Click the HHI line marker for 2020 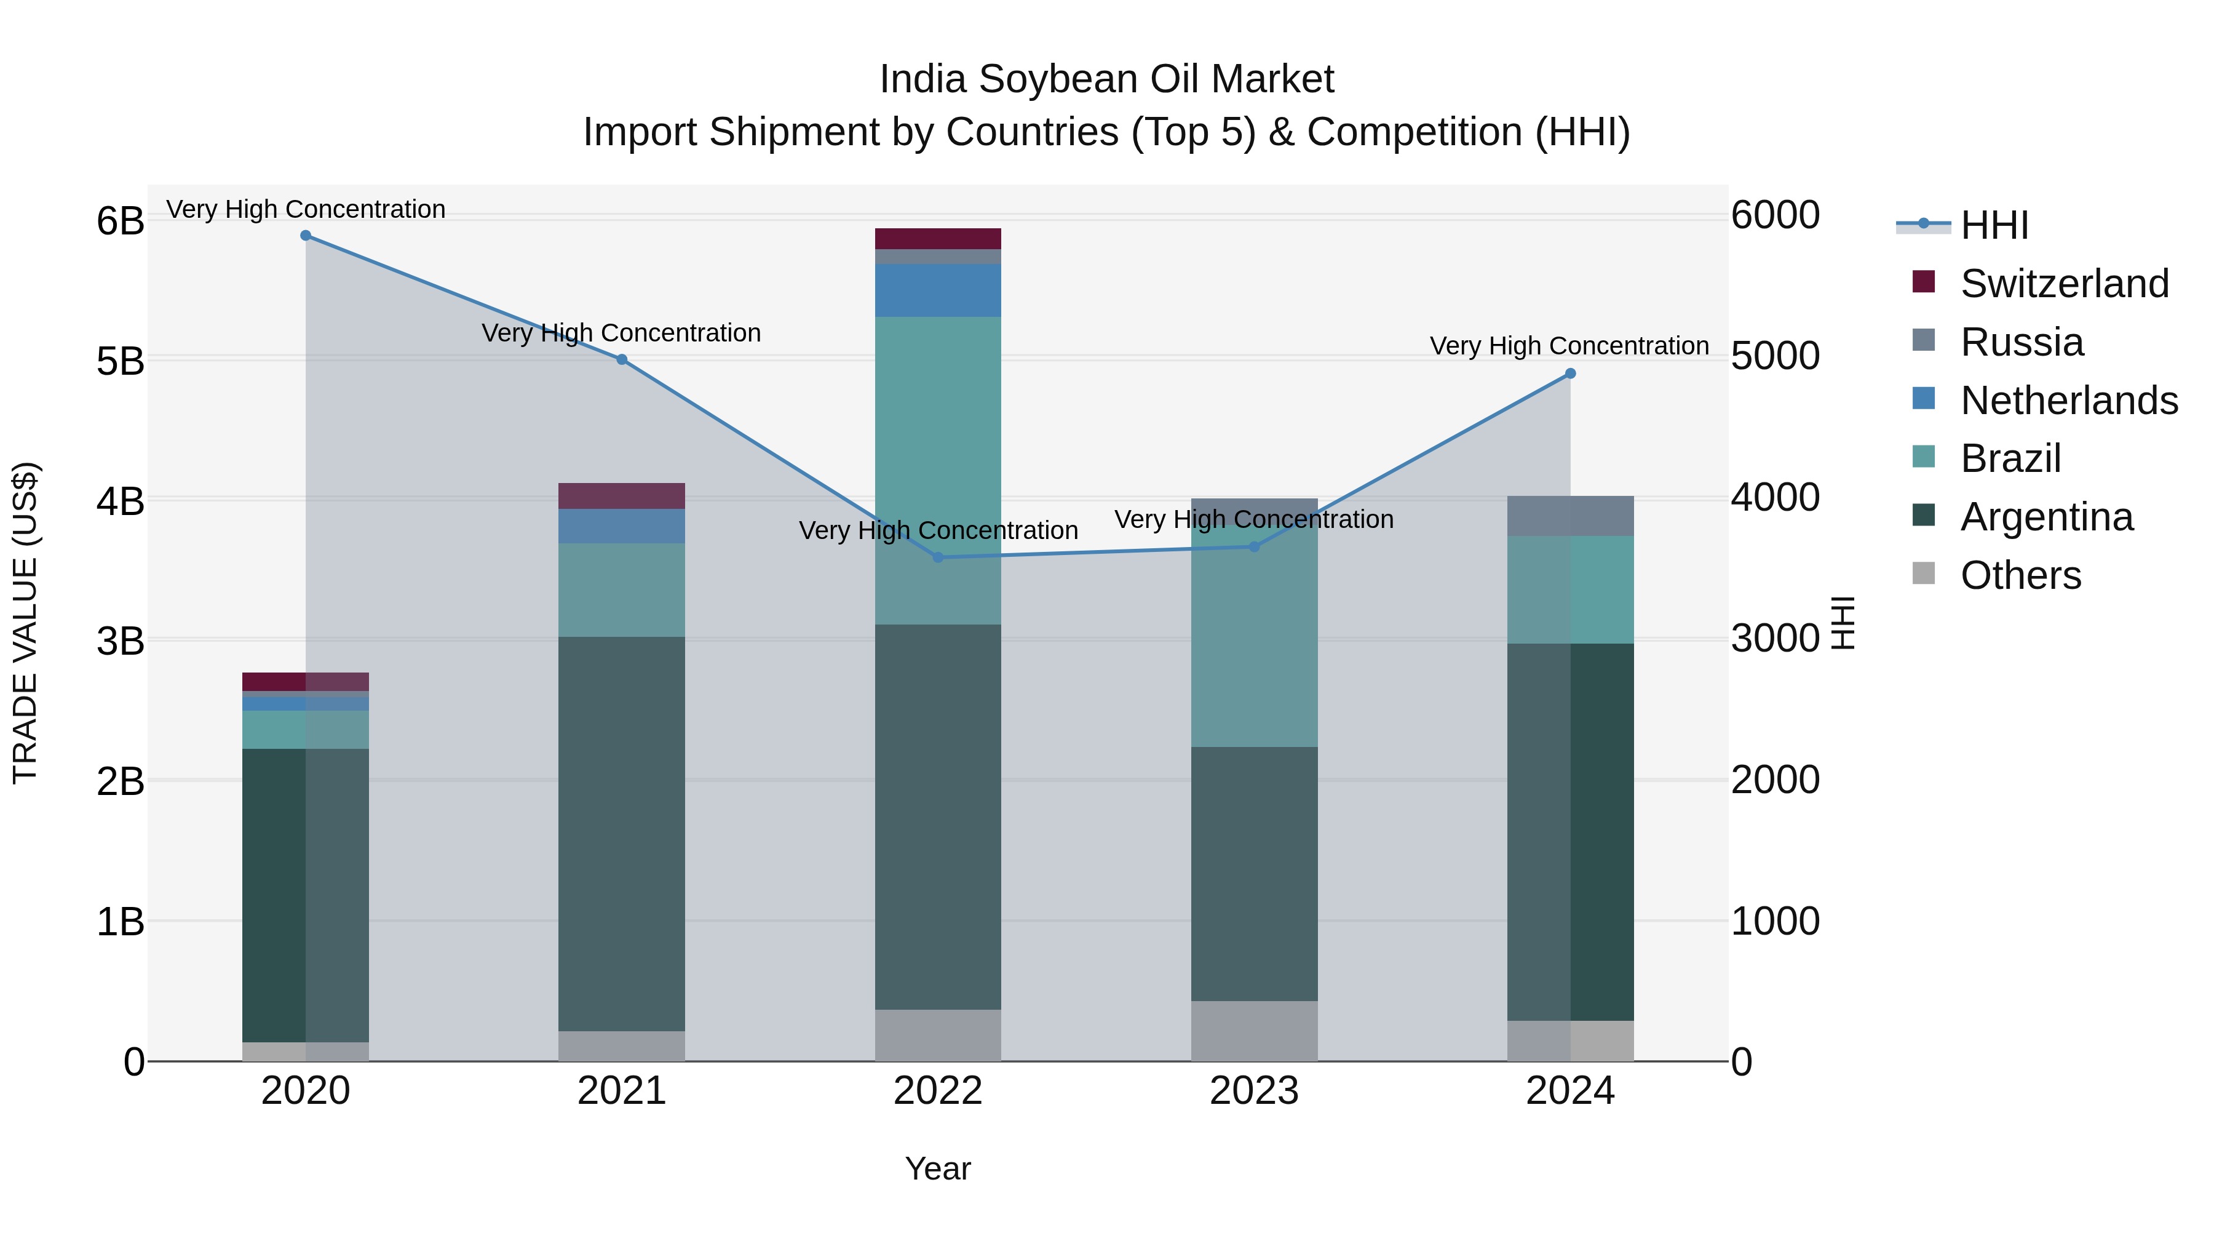(305, 236)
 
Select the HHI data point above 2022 (938, 557)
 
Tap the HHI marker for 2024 (1570, 373)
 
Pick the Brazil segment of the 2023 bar (1254, 636)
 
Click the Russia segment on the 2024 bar (1570, 516)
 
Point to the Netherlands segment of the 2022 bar (938, 290)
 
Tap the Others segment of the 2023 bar (1254, 1030)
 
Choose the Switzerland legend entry (2063, 284)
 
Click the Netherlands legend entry (2068, 401)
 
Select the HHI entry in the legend (1994, 225)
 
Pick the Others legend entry (2020, 575)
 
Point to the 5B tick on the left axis (121, 361)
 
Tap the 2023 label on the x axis (1254, 1091)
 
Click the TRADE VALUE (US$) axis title (26, 623)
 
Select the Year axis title (938, 1168)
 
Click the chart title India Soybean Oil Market (1106, 79)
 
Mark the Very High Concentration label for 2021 (621, 333)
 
